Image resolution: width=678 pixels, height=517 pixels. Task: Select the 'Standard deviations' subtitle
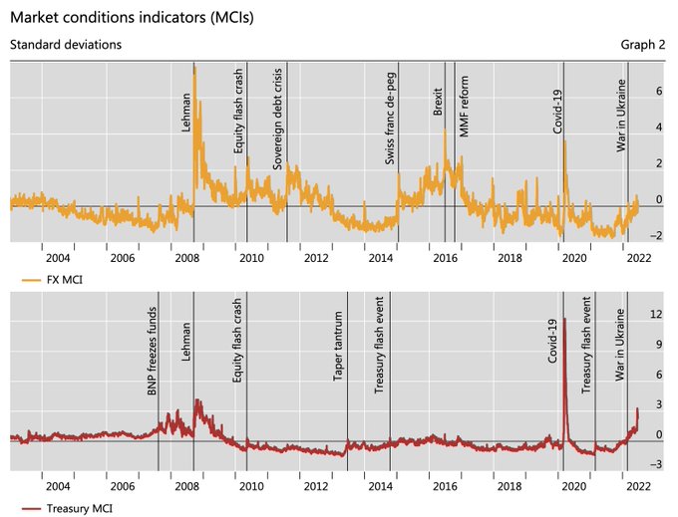pos(66,45)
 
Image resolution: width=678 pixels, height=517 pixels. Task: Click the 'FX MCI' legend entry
pos(62,281)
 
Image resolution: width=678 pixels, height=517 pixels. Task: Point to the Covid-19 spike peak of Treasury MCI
pos(565,319)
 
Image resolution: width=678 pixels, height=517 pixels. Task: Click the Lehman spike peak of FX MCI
pos(194,67)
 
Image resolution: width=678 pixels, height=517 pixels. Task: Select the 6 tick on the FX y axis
pos(658,91)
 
